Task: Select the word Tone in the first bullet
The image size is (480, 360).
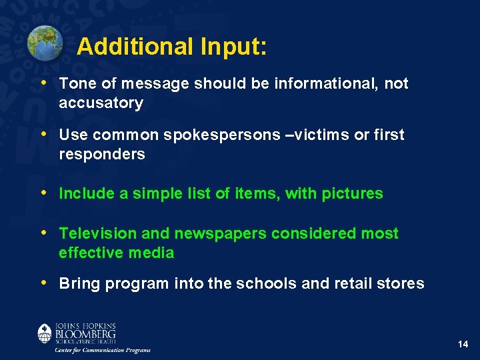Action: pyautogui.click(x=75, y=84)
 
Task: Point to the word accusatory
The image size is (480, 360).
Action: pyautogui.click(x=101, y=103)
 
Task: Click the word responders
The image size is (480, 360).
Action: pyautogui.click(x=101, y=155)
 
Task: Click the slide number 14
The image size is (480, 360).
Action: pyautogui.click(x=463, y=344)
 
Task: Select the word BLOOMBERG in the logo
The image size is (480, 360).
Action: pyautogui.click(x=85, y=333)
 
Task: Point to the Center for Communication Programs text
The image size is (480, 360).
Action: pyautogui.click(x=103, y=350)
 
